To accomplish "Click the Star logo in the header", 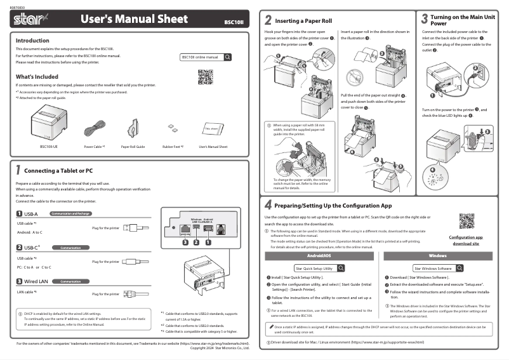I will (30, 20).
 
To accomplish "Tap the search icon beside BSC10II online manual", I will (228, 57).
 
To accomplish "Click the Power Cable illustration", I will (94, 129).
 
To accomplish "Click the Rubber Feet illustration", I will (172, 130).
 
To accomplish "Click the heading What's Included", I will (37, 76).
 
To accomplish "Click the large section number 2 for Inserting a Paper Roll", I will (268, 20).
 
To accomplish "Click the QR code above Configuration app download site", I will (466, 222).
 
